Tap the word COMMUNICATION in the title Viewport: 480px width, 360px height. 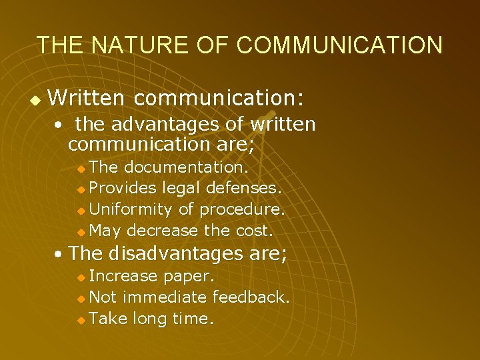(x=339, y=45)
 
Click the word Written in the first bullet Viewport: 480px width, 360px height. (x=87, y=99)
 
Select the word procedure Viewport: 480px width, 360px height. (x=243, y=209)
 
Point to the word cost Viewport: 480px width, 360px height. (x=255, y=231)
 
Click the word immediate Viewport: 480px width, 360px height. (x=165, y=297)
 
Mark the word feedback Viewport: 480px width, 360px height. (x=249, y=297)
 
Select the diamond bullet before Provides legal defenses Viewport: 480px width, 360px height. (x=81, y=189)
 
